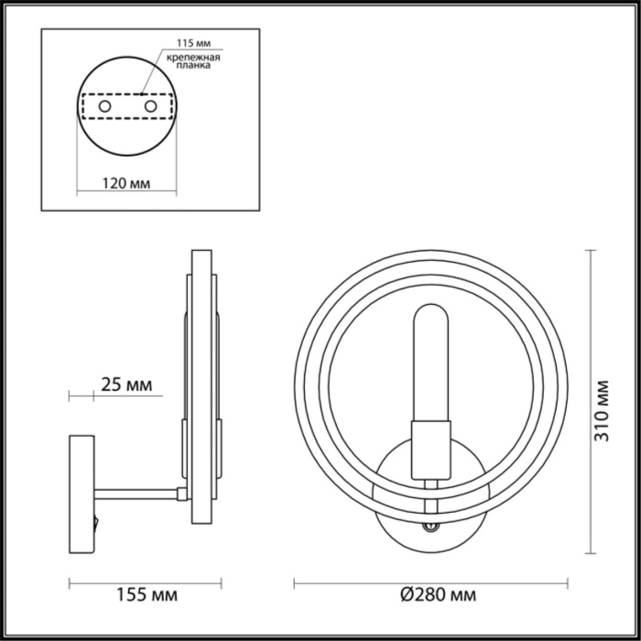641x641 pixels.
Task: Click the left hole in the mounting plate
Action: click(x=105, y=107)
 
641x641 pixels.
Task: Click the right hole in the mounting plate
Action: click(x=147, y=107)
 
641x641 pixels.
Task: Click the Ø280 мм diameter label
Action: click(x=438, y=596)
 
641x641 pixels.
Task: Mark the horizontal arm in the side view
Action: click(x=137, y=493)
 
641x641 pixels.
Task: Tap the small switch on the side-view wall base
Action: click(x=94, y=525)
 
